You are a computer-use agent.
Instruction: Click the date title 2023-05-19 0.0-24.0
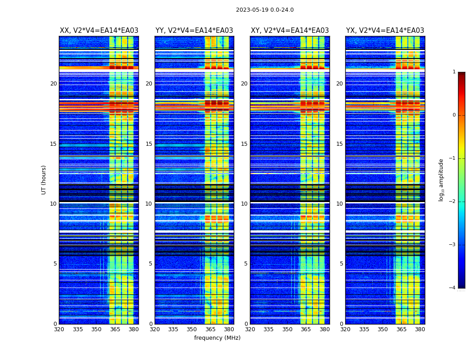pyautogui.click(x=265, y=10)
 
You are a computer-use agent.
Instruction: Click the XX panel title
pyautogui.click(x=99, y=31)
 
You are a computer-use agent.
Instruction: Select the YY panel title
pyautogui.click(x=194, y=31)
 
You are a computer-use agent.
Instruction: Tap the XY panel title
pyautogui.click(x=289, y=31)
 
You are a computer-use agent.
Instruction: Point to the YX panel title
pyautogui.click(x=385, y=31)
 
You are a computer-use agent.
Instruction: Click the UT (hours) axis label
pyautogui.click(x=44, y=180)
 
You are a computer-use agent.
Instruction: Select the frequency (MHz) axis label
pyautogui.click(x=217, y=338)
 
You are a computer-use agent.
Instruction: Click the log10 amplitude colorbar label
pyautogui.click(x=441, y=180)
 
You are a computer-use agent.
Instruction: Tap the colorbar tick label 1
pyautogui.click(x=454, y=72)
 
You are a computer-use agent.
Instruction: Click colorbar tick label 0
pyautogui.click(x=454, y=115)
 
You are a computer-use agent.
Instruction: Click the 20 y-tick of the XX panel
pyautogui.click(x=53, y=84)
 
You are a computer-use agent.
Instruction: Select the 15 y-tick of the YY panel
pyautogui.click(x=149, y=144)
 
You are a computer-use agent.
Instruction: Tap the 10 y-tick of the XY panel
pyautogui.click(x=244, y=204)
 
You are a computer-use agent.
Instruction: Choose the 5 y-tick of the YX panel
pyautogui.click(x=341, y=264)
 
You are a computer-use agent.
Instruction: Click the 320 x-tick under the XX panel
pyautogui.click(x=59, y=329)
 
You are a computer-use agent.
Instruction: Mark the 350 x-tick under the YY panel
pyautogui.click(x=192, y=329)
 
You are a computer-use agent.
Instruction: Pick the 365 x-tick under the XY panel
pyautogui.click(x=306, y=329)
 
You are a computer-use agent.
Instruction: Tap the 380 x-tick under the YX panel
pyautogui.click(x=420, y=329)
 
